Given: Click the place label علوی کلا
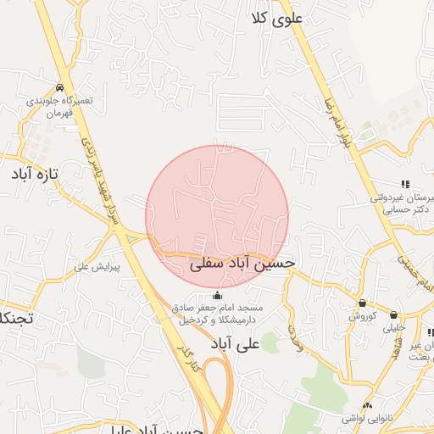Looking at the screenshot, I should pos(277,19).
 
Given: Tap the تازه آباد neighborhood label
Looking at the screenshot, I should pos(35,175).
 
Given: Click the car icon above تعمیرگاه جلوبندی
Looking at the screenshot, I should pos(59,88).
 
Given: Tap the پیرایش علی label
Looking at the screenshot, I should pos(97,266).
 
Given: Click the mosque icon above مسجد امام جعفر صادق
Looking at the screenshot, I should pos(218,295).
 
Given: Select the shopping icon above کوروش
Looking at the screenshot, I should pos(363,303).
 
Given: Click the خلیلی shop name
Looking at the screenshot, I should pos(394,326).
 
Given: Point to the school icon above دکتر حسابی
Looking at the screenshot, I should pos(405,184).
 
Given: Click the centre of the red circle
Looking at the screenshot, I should pos(217,216).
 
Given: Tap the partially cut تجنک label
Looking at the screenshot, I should pos(17,318).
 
